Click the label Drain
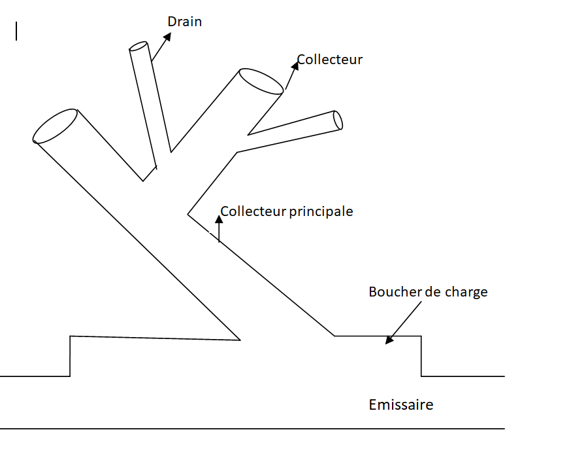(185, 22)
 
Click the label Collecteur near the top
(330, 60)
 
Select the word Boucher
(395, 292)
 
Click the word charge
(466, 292)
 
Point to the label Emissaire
(400, 404)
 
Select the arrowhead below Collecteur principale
(219, 218)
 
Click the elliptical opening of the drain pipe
(139, 46)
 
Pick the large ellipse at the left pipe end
(56, 126)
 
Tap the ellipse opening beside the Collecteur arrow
(261, 80)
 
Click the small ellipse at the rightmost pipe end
(338, 120)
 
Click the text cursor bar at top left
(16, 31)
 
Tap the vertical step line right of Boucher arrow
(421, 356)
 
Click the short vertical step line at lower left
(70, 356)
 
